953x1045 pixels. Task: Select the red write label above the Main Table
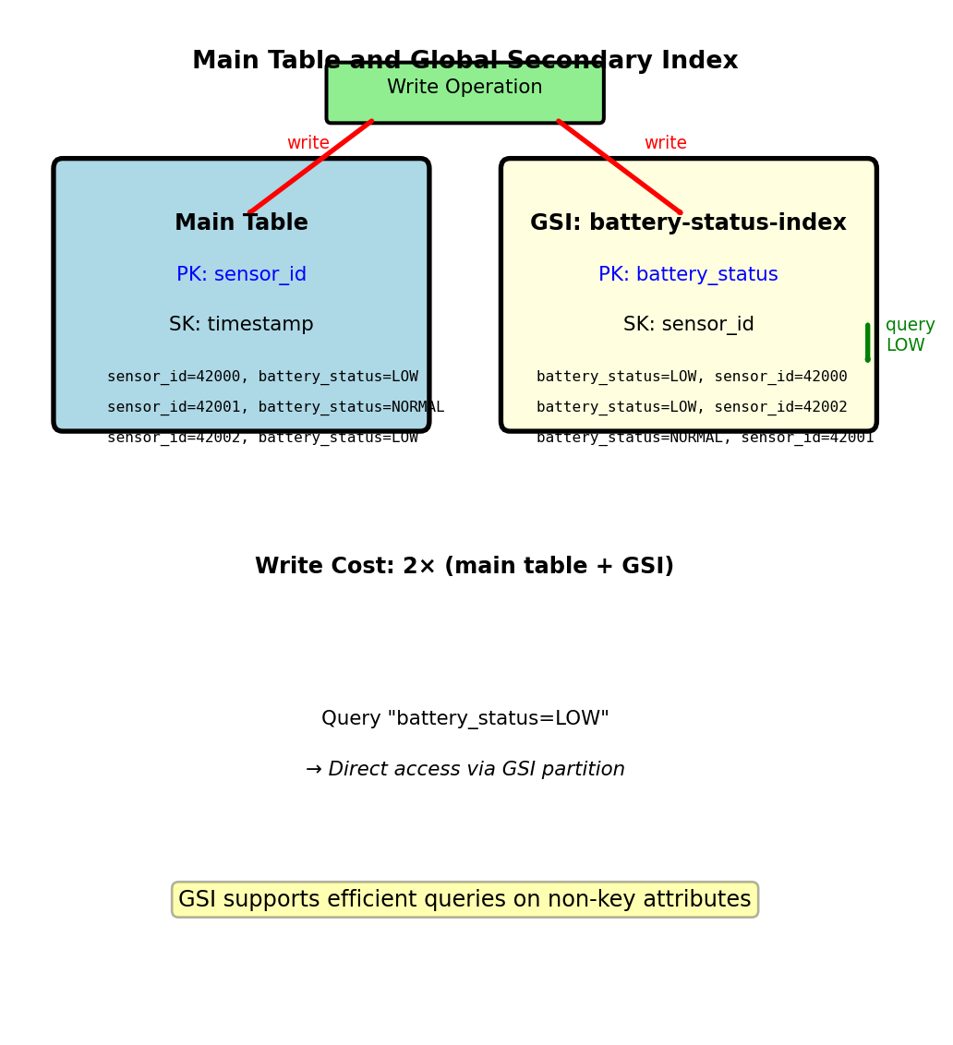308,143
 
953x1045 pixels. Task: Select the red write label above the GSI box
665,143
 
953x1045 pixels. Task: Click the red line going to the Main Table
311,166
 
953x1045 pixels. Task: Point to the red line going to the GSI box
619,166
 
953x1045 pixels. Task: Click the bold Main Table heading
241,223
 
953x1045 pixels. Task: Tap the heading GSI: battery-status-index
688,223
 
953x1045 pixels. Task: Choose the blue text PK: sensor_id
241,275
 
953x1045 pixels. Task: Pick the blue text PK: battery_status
688,275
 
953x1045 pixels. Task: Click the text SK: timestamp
241,325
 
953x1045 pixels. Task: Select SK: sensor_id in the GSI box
688,325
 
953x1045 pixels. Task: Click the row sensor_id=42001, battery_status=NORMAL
275,407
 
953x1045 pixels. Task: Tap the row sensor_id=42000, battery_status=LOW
262,377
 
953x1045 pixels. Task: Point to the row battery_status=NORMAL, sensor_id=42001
705,438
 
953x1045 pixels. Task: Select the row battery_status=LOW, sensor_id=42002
692,407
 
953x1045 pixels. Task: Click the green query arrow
867,342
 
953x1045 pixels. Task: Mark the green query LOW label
910,335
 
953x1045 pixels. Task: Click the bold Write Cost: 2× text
464,567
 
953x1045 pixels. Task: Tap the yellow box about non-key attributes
464,899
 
